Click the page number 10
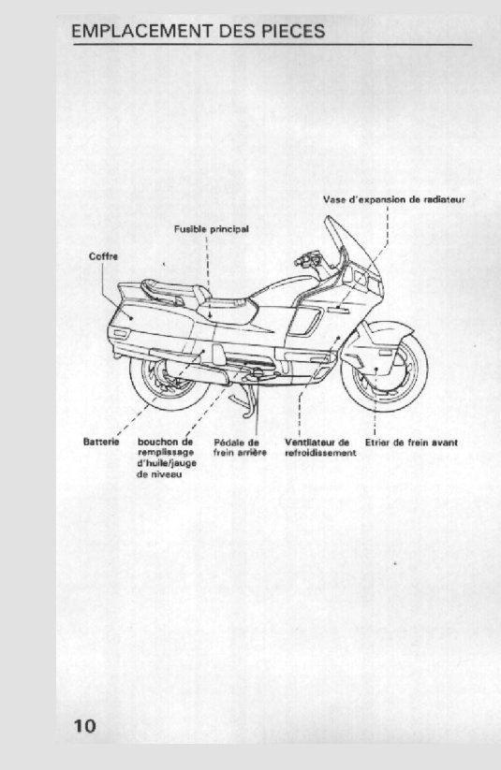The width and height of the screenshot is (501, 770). [85, 726]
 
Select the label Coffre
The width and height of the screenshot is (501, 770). [103, 256]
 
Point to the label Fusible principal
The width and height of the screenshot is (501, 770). [212, 229]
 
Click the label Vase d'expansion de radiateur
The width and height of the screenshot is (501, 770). [394, 199]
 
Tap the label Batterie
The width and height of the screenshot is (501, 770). [101, 442]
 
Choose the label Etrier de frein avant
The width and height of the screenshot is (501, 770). [411, 443]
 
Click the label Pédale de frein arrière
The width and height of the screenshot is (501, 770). [240, 447]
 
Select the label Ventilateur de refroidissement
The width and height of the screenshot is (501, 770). [320, 447]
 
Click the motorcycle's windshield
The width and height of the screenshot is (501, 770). [352, 245]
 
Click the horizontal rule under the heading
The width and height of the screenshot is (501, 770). [273, 45]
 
